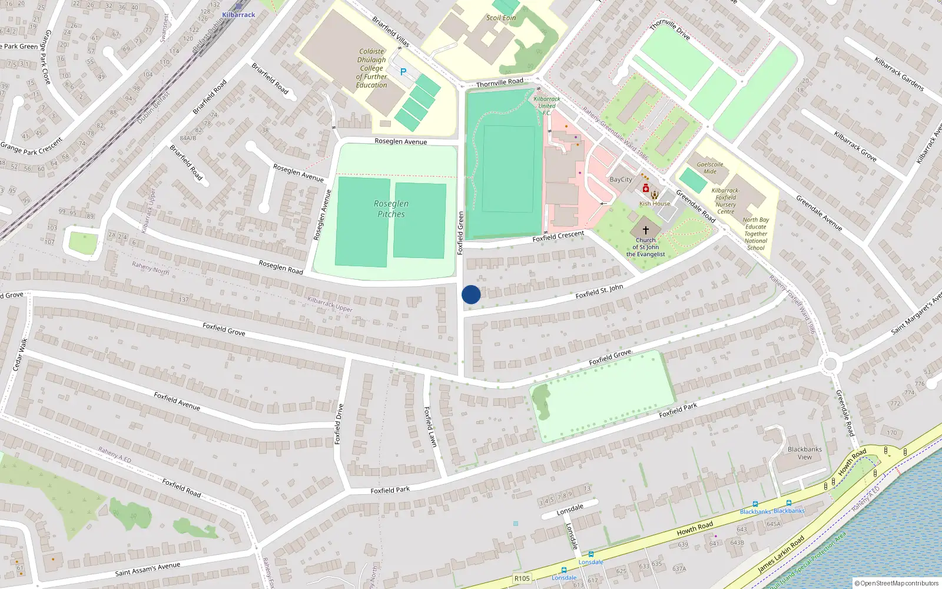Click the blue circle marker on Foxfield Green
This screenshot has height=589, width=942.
pyautogui.click(x=471, y=294)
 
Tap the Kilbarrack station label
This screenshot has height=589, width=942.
pyautogui.click(x=238, y=15)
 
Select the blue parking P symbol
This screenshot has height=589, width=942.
pyautogui.click(x=403, y=72)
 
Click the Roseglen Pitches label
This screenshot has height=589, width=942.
pyautogui.click(x=391, y=209)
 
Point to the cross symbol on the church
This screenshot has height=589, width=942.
pyautogui.click(x=646, y=230)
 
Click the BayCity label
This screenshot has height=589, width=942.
pyautogui.click(x=621, y=180)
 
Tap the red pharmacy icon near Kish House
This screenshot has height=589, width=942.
pyautogui.click(x=646, y=188)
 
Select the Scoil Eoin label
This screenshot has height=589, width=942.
pyautogui.click(x=501, y=18)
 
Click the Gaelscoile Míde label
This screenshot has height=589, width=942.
pyautogui.click(x=710, y=168)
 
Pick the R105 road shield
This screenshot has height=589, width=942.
pyautogui.click(x=522, y=578)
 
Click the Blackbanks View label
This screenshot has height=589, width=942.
pyautogui.click(x=805, y=453)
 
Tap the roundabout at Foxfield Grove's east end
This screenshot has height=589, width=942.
pyautogui.click(x=830, y=364)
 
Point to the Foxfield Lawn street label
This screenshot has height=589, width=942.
pyautogui.click(x=430, y=426)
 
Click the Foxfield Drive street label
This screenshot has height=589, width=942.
pyautogui.click(x=339, y=424)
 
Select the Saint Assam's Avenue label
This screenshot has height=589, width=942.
pyautogui.click(x=148, y=569)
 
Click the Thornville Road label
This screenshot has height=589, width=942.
pyautogui.click(x=499, y=82)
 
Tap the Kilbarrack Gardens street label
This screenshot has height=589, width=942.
pyautogui.click(x=899, y=74)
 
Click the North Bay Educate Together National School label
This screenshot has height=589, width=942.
pyautogui.click(x=756, y=234)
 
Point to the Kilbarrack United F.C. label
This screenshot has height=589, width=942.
pyautogui.click(x=547, y=106)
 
